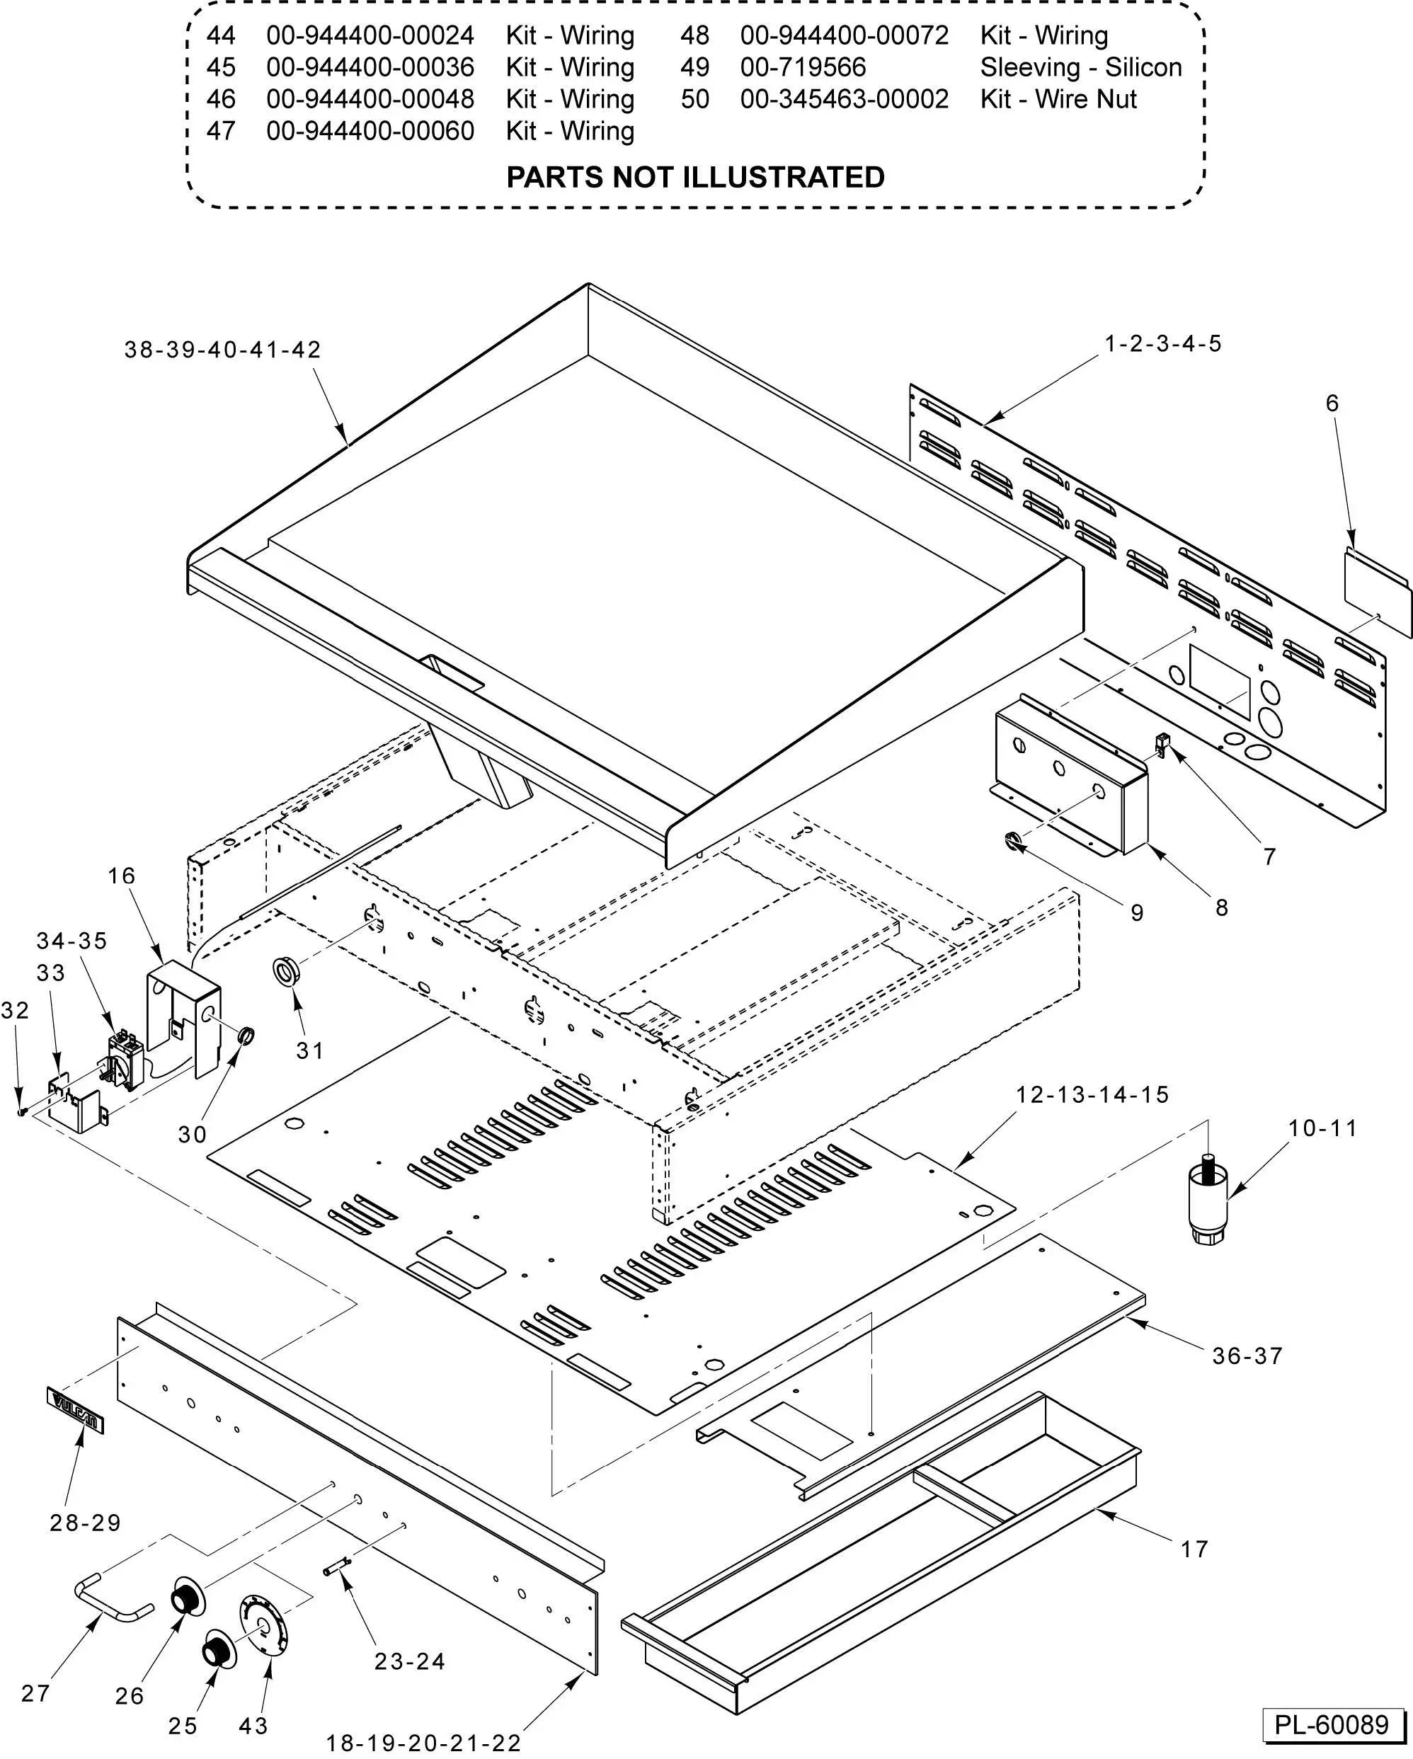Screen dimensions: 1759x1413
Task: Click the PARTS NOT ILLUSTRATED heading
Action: pyautogui.click(x=695, y=177)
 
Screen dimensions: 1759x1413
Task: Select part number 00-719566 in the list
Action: pyautogui.click(x=803, y=67)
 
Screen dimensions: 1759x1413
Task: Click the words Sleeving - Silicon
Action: pyautogui.click(x=1080, y=67)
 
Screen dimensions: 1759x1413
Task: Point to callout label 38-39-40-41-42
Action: pyautogui.click(x=223, y=350)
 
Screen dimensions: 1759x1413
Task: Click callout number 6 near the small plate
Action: pyautogui.click(x=1332, y=403)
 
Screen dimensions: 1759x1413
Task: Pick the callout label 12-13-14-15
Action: pyautogui.click(x=1092, y=1095)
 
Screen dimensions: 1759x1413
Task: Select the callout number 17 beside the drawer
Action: pyautogui.click(x=1194, y=1549)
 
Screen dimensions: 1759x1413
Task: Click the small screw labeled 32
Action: pyautogui.click(x=23, y=1112)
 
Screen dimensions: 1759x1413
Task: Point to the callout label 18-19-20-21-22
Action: pyautogui.click(x=423, y=1743)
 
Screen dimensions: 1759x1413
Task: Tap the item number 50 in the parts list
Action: pyautogui.click(x=695, y=98)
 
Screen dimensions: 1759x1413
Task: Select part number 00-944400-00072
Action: pyautogui.click(x=845, y=35)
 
